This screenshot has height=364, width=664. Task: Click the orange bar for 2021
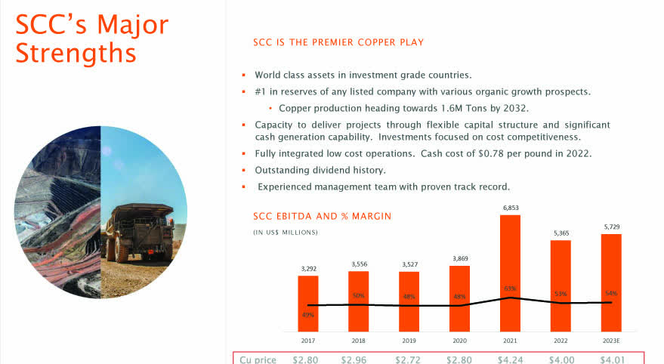(511, 273)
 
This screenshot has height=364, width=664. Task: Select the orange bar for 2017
(308, 303)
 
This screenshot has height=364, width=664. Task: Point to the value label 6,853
(511, 208)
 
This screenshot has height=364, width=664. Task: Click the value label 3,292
(308, 268)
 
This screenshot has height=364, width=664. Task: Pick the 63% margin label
(511, 288)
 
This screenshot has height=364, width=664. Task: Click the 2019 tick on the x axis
(409, 341)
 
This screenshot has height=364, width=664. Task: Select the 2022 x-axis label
(561, 341)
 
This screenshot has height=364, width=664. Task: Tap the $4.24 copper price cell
(511, 359)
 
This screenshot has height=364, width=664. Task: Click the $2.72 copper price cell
(409, 359)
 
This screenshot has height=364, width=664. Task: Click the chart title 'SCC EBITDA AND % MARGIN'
(322, 217)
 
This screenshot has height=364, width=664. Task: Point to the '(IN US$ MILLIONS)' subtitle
(286, 232)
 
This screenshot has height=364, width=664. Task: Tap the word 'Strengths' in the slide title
(76, 54)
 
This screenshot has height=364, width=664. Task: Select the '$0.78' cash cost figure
(499, 154)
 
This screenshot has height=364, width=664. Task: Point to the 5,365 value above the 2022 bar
(561, 233)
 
